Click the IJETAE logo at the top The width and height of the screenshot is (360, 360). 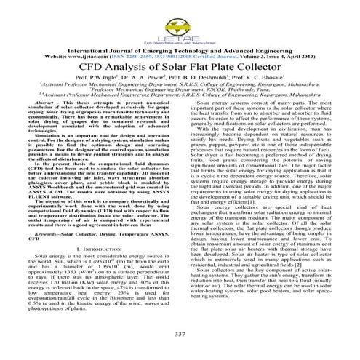pyautogui.click(x=180, y=16)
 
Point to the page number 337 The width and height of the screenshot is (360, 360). pyautogui.click(x=180, y=333)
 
